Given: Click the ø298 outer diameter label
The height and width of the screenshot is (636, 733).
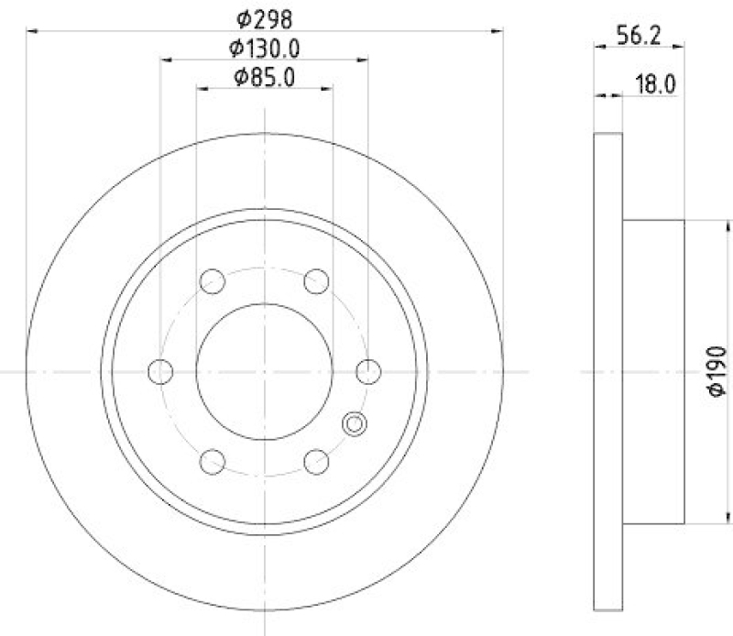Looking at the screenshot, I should tap(265, 16).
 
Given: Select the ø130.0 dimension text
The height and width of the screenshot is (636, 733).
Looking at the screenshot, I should tap(265, 48).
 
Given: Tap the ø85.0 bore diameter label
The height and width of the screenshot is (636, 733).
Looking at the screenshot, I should tap(265, 78).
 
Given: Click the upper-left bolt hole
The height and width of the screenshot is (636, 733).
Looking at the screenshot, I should tap(213, 280).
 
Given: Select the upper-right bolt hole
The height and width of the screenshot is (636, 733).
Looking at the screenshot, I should tap(317, 280).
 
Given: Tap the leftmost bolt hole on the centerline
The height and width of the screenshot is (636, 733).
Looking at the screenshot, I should tap(160, 371).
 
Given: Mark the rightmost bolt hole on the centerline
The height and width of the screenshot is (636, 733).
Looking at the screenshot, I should tap(368, 371).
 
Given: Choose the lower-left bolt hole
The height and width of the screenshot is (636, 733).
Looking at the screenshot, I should tap(213, 461).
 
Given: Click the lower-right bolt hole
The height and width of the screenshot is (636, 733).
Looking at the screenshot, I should tap(317, 461).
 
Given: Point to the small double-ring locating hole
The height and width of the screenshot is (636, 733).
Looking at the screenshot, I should tap(354, 423).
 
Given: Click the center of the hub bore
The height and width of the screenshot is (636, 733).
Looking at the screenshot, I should tap(265, 371).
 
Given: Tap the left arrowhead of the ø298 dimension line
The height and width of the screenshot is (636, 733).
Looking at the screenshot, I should tap(32, 31).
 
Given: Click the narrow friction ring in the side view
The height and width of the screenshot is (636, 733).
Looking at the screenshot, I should tap(609, 371).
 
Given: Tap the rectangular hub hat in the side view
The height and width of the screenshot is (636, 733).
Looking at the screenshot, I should tap(653, 371).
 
